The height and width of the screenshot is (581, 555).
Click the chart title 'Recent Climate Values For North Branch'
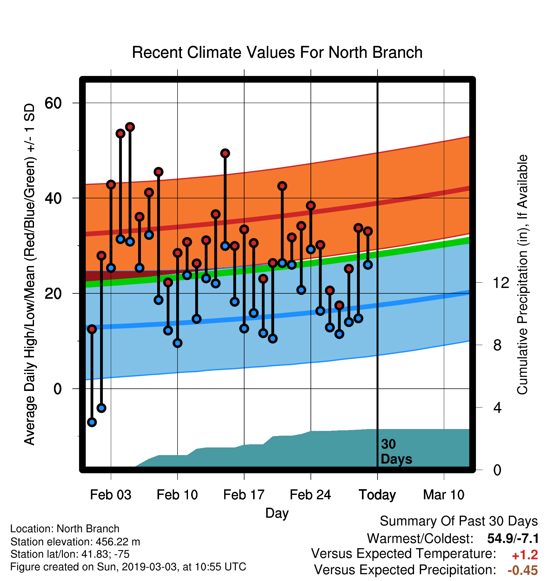click(277, 52)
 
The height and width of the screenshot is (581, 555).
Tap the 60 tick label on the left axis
click(53, 103)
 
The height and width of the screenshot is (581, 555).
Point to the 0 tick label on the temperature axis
click(57, 388)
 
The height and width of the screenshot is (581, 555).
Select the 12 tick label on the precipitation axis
click(501, 282)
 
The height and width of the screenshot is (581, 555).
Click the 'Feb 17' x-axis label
click(244, 495)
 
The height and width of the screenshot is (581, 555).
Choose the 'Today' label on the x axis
click(377, 495)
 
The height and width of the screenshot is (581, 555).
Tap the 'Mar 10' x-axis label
click(444, 495)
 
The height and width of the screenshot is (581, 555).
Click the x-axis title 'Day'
click(277, 513)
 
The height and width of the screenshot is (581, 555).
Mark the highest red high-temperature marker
click(130, 127)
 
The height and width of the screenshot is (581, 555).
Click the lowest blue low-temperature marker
click(92, 422)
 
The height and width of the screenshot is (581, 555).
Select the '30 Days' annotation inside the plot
click(396, 452)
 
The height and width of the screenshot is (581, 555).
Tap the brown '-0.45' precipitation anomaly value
click(523, 570)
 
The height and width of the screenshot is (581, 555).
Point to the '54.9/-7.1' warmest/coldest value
click(513, 538)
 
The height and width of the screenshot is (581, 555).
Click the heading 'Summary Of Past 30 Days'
click(459, 521)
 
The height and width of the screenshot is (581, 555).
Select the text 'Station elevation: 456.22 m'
click(75, 542)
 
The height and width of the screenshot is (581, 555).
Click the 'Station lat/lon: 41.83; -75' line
click(70, 554)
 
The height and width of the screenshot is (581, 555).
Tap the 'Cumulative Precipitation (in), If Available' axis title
click(522, 275)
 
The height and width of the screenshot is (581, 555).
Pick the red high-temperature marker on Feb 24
click(311, 206)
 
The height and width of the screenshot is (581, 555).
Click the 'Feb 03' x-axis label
click(110, 495)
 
